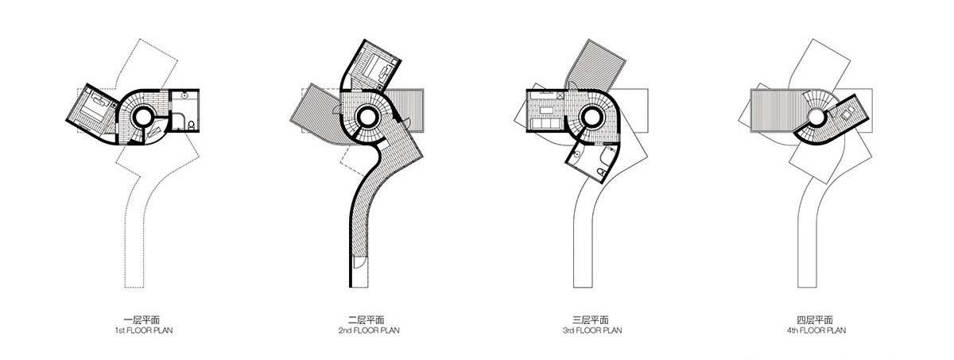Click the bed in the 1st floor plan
[x=95, y=106]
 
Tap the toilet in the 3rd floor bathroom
[x=603, y=170]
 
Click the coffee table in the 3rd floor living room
[x=549, y=108]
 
